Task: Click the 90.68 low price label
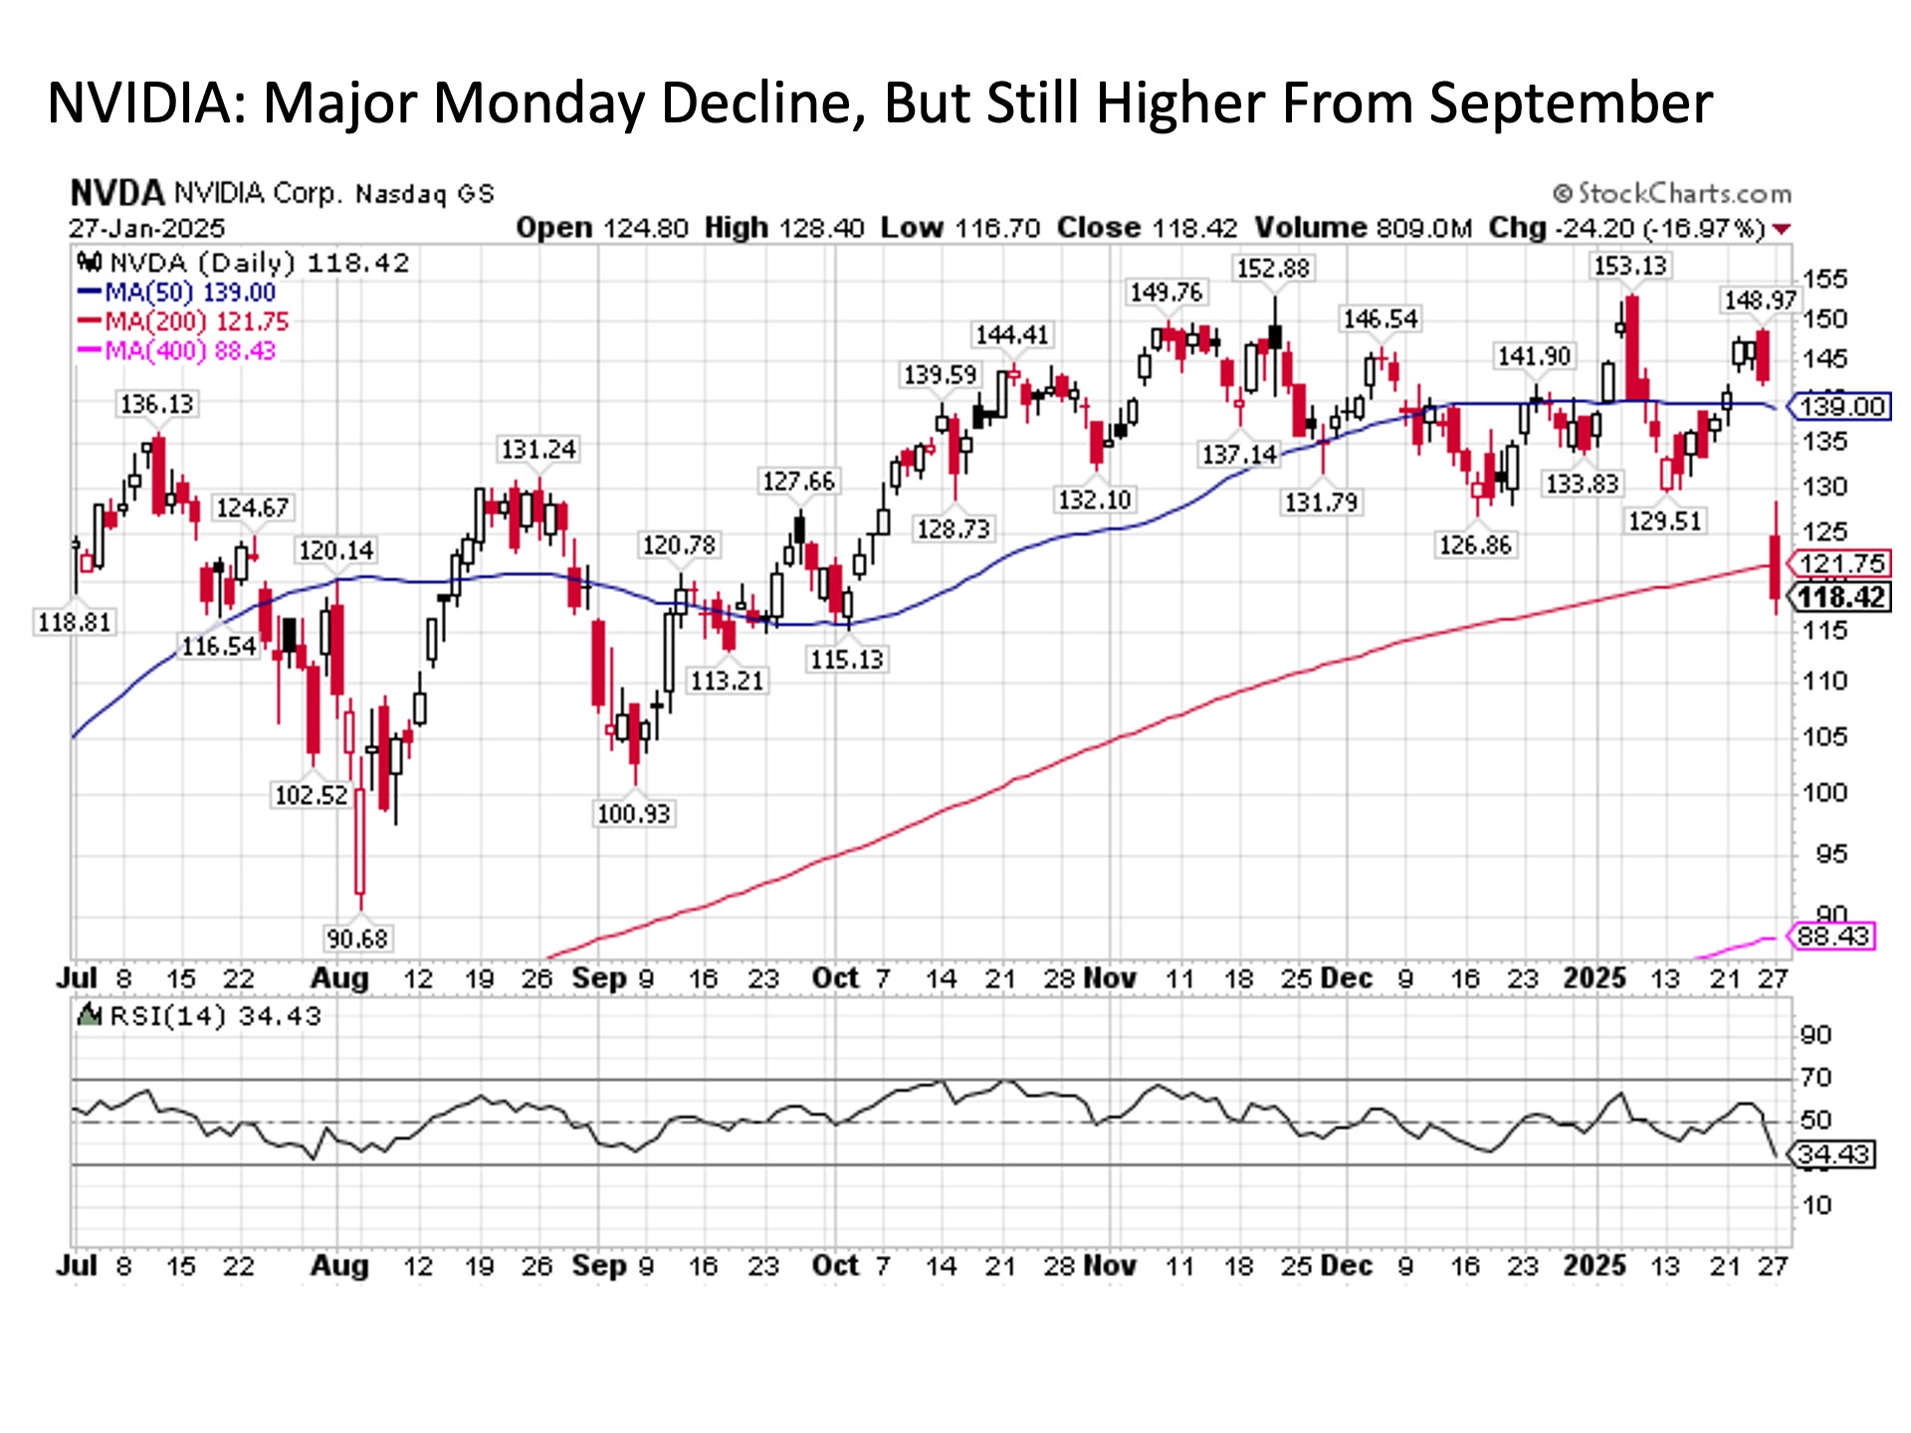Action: pyautogui.click(x=357, y=938)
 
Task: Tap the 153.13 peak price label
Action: pyautogui.click(x=1629, y=266)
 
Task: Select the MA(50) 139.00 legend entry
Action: pyautogui.click(x=177, y=293)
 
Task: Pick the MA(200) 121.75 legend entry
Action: pyautogui.click(x=183, y=321)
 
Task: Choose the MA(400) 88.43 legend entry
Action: pyautogui.click(x=176, y=350)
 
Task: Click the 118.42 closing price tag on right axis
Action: pyautogui.click(x=1841, y=597)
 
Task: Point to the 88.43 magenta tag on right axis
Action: pyautogui.click(x=1833, y=936)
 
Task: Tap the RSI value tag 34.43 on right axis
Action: pyautogui.click(x=1833, y=1154)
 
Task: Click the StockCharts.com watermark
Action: pyautogui.click(x=1672, y=193)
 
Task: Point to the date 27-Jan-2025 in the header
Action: pyautogui.click(x=147, y=228)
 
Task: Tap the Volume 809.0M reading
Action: pyautogui.click(x=1363, y=228)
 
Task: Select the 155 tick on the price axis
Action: pyautogui.click(x=1824, y=280)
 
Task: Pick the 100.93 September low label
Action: pyautogui.click(x=634, y=814)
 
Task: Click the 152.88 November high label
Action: pyautogui.click(x=1273, y=269)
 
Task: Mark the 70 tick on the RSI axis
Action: pyautogui.click(x=1816, y=1078)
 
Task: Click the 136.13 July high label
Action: pyautogui.click(x=157, y=404)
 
